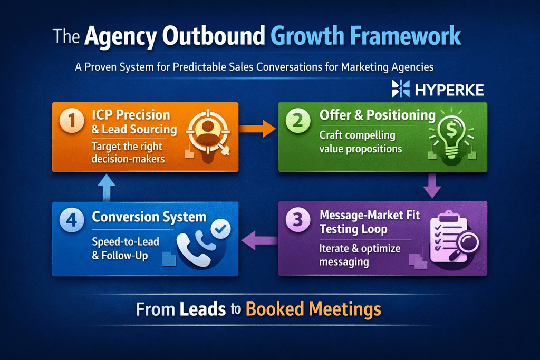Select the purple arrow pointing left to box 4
coord(258,242)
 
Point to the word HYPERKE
coord(449,90)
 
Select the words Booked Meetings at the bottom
coord(313,309)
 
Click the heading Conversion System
coord(149,217)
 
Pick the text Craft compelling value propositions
coord(361,142)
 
